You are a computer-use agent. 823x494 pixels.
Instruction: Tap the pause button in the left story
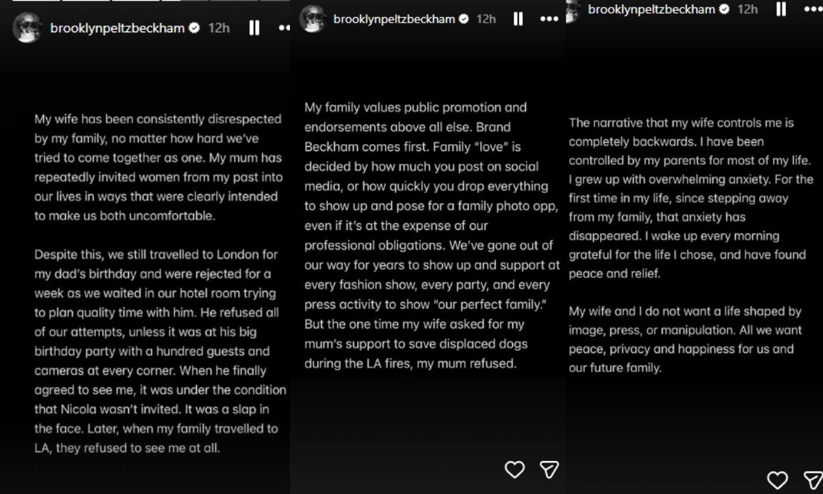click(x=254, y=28)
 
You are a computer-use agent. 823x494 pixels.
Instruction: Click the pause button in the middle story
click(x=518, y=19)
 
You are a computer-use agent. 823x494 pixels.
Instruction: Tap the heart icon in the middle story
click(x=514, y=469)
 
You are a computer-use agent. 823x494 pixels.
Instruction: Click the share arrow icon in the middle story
click(x=549, y=469)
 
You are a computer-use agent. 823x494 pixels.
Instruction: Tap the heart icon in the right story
click(x=777, y=480)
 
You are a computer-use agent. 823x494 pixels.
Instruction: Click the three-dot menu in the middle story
click(x=549, y=19)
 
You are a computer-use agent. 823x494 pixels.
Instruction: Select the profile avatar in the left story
click(x=28, y=28)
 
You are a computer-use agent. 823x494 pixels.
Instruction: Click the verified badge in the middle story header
click(x=464, y=19)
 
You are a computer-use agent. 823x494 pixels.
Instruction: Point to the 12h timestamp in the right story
click(x=747, y=10)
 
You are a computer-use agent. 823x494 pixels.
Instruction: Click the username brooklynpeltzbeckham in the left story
click(x=117, y=28)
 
